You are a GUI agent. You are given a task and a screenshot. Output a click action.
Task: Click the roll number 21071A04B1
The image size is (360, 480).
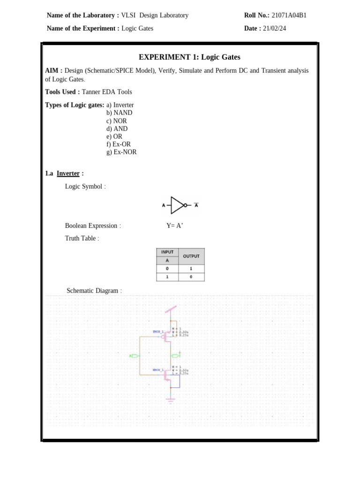click(289, 15)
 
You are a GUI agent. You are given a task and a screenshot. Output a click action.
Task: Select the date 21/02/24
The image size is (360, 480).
click(274, 29)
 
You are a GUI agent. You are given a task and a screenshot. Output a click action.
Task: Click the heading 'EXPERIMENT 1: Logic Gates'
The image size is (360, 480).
click(189, 57)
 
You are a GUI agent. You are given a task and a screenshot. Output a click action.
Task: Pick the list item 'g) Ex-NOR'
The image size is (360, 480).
click(121, 152)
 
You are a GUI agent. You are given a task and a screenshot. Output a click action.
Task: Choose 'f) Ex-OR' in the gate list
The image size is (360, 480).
click(119, 144)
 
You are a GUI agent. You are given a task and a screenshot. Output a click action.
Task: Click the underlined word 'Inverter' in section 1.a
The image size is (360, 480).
click(68, 173)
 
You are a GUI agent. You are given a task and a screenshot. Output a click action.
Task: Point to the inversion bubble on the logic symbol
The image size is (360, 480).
click(185, 205)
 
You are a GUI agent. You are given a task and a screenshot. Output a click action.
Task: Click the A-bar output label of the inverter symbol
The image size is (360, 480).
click(196, 205)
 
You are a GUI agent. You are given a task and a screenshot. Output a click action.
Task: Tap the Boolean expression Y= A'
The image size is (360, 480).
click(174, 226)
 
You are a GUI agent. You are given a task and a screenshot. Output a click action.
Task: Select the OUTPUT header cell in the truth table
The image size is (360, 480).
click(191, 256)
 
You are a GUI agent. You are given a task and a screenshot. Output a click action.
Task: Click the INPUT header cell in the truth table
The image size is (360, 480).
click(167, 252)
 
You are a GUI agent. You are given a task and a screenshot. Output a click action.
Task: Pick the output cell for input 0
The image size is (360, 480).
click(191, 269)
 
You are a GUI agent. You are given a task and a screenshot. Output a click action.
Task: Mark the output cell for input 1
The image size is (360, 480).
click(191, 277)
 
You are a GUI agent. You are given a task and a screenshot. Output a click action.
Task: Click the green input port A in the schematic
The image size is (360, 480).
click(134, 356)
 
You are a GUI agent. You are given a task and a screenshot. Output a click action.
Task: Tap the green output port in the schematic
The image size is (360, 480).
click(175, 356)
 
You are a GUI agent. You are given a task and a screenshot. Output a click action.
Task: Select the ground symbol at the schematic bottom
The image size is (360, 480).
click(171, 400)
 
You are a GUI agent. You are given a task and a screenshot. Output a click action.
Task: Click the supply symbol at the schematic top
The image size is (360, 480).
click(171, 310)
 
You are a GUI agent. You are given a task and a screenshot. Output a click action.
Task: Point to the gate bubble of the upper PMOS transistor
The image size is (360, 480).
click(163, 336)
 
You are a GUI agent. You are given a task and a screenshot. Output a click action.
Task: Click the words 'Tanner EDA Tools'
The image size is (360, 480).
click(107, 92)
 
